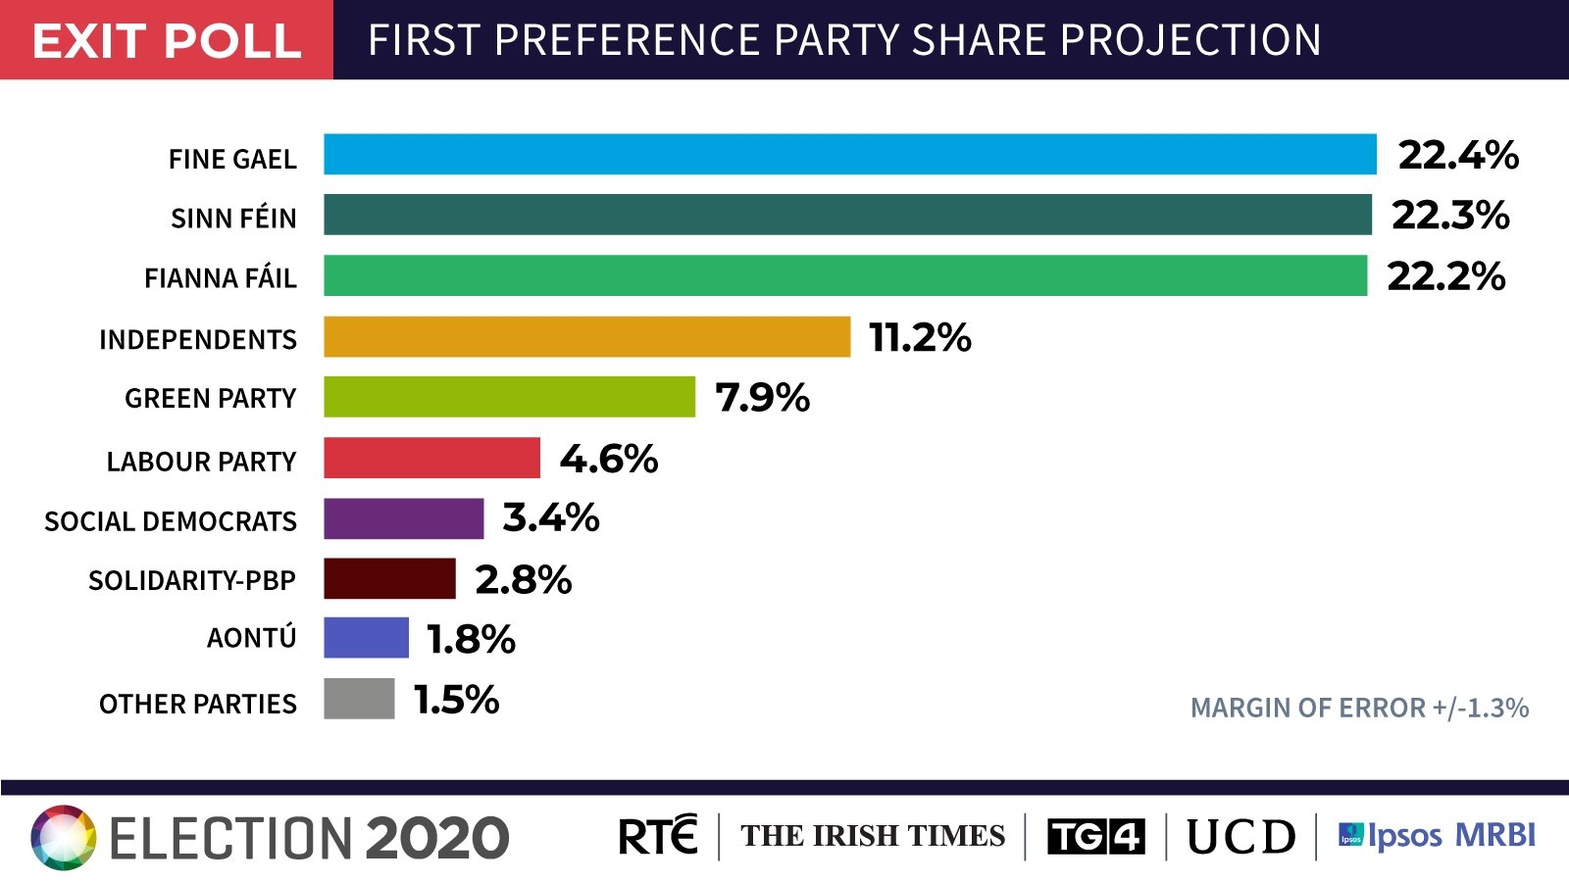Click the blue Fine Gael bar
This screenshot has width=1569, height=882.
tap(849, 155)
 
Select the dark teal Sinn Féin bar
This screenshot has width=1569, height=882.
tap(847, 215)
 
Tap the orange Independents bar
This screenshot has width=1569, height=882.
tap(586, 337)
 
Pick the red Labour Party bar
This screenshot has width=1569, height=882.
tap(431, 458)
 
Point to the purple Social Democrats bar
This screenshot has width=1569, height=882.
tap(403, 518)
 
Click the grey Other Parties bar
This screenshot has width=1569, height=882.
tap(359, 699)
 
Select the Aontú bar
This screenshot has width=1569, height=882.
tap(366, 638)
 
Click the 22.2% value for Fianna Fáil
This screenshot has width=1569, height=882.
tap(1445, 276)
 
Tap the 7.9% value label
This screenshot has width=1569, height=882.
tap(762, 398)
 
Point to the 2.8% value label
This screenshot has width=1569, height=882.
tap(523, 579)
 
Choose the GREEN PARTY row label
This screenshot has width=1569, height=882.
tap(210, 399)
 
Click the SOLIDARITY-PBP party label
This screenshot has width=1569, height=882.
tap(191, 581)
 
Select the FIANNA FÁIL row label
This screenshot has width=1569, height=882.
tap(220, 278)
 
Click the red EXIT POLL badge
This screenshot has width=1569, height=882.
tap(167, 40)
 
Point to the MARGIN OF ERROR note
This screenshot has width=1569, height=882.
tap(1359, 708)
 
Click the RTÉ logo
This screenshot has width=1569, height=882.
tap(657, 836)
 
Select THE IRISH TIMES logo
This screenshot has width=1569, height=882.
tap(873, 836)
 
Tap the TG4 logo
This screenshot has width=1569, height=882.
tap(1095, 837)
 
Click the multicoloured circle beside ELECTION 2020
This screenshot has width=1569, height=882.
tap(64, 838)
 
